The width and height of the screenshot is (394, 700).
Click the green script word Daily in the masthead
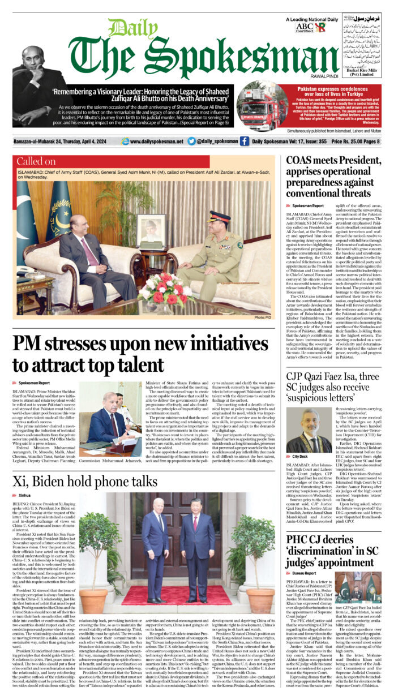pos(126,28)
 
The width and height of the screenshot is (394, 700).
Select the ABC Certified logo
pos(304,28)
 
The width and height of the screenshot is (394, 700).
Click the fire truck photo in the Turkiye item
pos(254,107)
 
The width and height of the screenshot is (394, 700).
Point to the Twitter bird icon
pos(191,141)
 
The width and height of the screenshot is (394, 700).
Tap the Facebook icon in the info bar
pos(244,141)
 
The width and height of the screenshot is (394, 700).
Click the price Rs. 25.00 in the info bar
pos(345,141)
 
